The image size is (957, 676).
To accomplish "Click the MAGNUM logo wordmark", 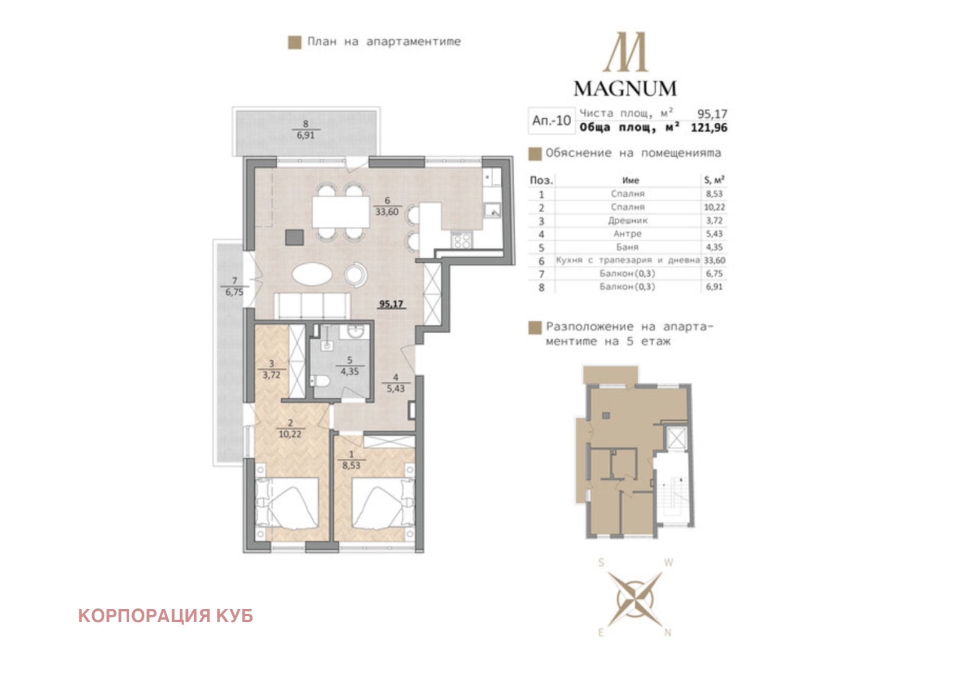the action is (x=625, y=89).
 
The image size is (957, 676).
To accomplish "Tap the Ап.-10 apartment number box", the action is (x=551, y=120).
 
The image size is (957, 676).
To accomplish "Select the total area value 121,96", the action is (x=709, y=127).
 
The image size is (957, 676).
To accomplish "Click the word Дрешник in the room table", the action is (x=627, y=221).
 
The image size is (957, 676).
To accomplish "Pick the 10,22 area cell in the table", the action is (x=714, y=207).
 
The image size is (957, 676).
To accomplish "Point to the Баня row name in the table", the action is (x=627, y=247).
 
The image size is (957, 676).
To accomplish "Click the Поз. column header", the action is (x=541, y=180).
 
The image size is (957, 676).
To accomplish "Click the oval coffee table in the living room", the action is (x=312, y=274).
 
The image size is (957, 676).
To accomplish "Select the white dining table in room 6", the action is (x=340, y=212).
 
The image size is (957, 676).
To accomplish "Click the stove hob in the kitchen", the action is (x=461, y=240).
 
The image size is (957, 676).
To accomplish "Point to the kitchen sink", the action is (x=492, y=211).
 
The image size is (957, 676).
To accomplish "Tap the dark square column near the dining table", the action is (x=294, y=237).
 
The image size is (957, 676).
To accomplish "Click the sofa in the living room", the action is (x=312, y=306).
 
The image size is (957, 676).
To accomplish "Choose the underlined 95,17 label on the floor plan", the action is (x=391, y=304).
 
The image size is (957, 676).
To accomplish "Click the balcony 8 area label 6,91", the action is (x=306, y=135).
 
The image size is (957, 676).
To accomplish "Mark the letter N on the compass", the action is (x=668, y=632).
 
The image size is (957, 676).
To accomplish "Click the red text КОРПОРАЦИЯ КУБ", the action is (x=166, y=616).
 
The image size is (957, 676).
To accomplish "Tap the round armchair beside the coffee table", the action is (x=355, y=274).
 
